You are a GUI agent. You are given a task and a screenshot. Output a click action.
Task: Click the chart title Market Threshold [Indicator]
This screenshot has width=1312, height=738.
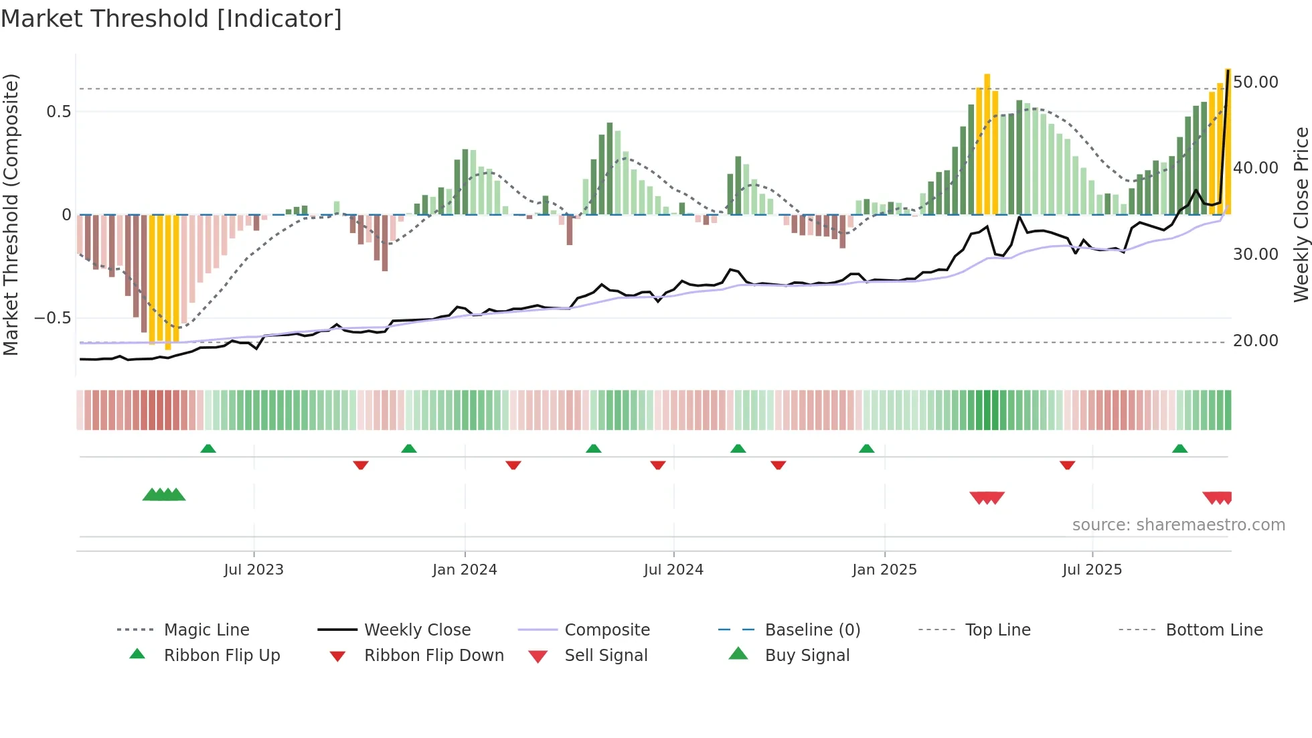171,19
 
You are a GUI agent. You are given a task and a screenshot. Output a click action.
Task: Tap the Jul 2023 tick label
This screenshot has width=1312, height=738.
254,570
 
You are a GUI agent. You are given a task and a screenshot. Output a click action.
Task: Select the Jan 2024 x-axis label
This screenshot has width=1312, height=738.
465,570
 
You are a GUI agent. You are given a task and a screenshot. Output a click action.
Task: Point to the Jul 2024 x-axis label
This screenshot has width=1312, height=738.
673,570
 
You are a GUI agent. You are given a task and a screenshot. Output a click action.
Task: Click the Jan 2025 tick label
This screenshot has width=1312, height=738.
884,570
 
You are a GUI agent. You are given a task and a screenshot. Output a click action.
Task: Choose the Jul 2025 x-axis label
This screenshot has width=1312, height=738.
1092,570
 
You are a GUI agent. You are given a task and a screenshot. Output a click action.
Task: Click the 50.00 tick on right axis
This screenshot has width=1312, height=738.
1256,82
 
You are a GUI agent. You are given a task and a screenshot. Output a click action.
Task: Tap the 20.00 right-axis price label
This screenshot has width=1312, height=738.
1256,341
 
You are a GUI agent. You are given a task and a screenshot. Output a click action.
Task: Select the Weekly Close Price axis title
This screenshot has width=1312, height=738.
1301,214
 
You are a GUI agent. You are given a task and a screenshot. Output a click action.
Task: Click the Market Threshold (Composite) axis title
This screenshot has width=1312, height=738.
11,214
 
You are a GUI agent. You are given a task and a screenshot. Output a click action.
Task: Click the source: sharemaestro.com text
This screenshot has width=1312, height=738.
1178,525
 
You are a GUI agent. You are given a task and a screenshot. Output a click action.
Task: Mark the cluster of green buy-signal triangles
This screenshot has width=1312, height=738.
164,495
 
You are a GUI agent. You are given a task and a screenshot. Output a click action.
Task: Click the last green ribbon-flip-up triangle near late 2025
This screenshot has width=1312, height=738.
1179,449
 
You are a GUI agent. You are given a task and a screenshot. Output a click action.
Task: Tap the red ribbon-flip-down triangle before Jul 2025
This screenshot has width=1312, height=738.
1067,465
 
